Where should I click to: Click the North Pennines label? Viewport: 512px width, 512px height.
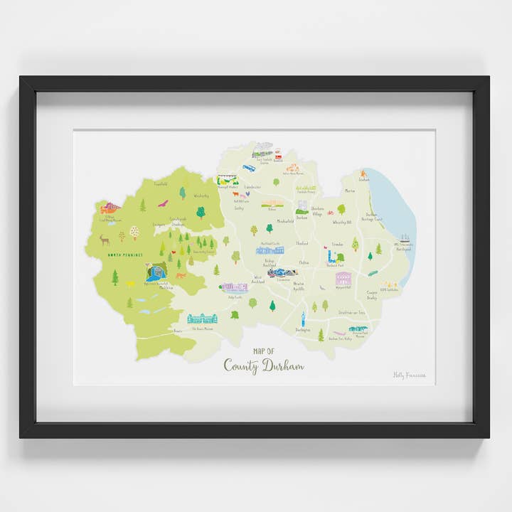(x=125, y=255)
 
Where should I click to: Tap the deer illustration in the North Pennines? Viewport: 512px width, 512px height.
(x=105, y=240)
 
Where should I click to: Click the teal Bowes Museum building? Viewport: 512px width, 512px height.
(x=202, y=318)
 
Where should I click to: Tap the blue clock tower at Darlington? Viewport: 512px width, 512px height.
(x=303, y=319)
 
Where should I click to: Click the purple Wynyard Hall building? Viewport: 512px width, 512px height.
(x=343, y=278)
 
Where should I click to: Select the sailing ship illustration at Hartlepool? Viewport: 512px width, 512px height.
(x=405, y=240)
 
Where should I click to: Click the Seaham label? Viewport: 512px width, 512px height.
(x=364, y=180)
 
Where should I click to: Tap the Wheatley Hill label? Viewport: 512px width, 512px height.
(x=342, y=223)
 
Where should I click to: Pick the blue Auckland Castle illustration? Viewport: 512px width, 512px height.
(x=270, y=250)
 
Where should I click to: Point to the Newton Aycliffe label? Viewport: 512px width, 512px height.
(x=299, y=287)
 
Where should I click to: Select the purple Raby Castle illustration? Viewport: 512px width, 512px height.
(x=234, y=287)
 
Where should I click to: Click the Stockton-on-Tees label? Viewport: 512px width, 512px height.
(x=353, y=312)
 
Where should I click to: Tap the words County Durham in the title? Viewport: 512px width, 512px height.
(x=263, y=366)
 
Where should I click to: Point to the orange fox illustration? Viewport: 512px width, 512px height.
(x=181, y=275)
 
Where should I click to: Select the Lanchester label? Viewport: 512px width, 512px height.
(x=252, y=188)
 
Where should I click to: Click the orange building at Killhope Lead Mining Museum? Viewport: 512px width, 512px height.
(x=110, y=208)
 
